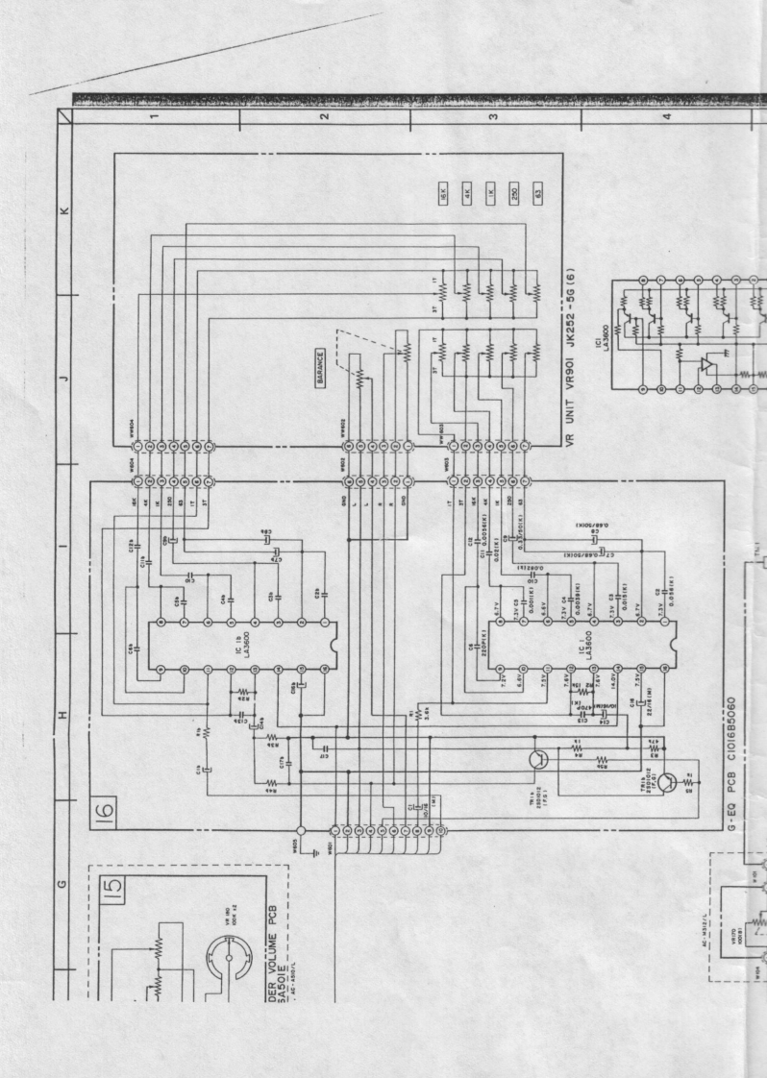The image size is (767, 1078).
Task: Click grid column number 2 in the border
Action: pyautogui.click(x=325, y=117)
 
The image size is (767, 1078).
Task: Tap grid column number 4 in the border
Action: pyautogui.click(x=665, y=117)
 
